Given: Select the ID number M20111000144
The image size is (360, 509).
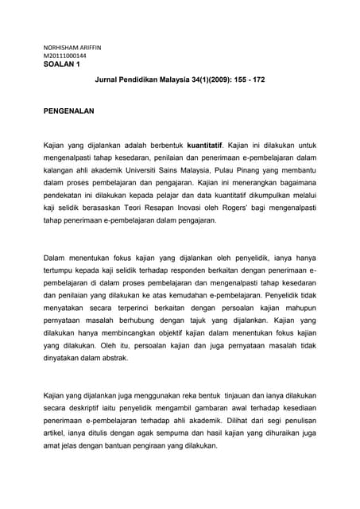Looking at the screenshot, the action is click(x=66, y=56).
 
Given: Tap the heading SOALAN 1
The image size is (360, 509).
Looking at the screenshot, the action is click(x=63, y=65).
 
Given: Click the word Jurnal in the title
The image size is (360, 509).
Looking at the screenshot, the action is click(x=107, y=81).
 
